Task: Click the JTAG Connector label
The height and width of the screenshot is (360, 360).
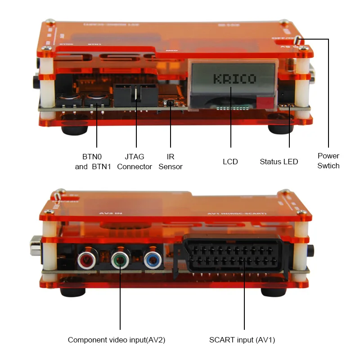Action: pyautogui.click(x=135, y=162)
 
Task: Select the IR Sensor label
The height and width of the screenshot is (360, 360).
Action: pyautogui.click(x=171, y=162)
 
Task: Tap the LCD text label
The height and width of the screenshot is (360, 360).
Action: pyautogui.click(x=230, y=162)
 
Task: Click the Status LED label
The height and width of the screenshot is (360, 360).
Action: pyautogui.click(x=279, y=162)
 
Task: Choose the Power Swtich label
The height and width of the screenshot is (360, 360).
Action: pyautogui.click(x=328, y=161)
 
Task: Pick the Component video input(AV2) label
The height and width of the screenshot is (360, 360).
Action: pyautogui.click(x=117, y=340)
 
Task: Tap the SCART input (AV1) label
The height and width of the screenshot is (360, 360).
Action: pyautogui.click(x=242, y=340)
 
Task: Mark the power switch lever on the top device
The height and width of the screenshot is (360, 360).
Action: pyautogui.click(x=297, y=40)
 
